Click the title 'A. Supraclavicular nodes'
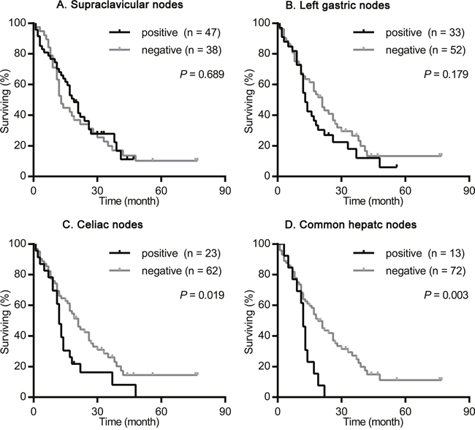[120, 5]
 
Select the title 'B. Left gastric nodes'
[338, 5]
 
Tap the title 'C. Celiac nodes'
[102, 225]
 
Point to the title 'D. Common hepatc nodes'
[351, 225]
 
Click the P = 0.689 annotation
[202, 75]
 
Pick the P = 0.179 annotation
[446, 75]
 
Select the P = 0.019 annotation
[202, 295]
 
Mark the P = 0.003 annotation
[446, 295]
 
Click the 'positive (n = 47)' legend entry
[165, 32]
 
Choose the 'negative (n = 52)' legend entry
[409, 50]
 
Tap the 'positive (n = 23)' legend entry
[165, 253]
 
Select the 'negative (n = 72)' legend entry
[409, 271]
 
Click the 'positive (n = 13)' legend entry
[409, 253]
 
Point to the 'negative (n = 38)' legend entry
[165, 50]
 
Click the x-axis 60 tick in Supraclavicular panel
[161, 190]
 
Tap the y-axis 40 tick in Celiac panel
[23, 336]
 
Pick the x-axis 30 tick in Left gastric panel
[341, 190]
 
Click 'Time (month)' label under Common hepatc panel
[373, 422]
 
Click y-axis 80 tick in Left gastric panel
[267, 53]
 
